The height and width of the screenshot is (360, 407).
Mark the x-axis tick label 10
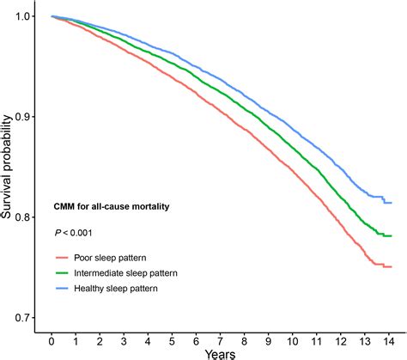pyautogui.click(x=294, y=340)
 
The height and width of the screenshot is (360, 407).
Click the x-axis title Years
pyautogui.click(x=221, y=353)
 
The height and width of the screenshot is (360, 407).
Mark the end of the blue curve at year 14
pyautogui.click(x=392, y=202)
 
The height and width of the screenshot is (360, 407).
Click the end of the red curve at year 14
pyautogui.click(x=392, y=266)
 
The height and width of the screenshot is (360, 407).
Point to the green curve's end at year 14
pyautogui.click(x=392, y=235)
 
